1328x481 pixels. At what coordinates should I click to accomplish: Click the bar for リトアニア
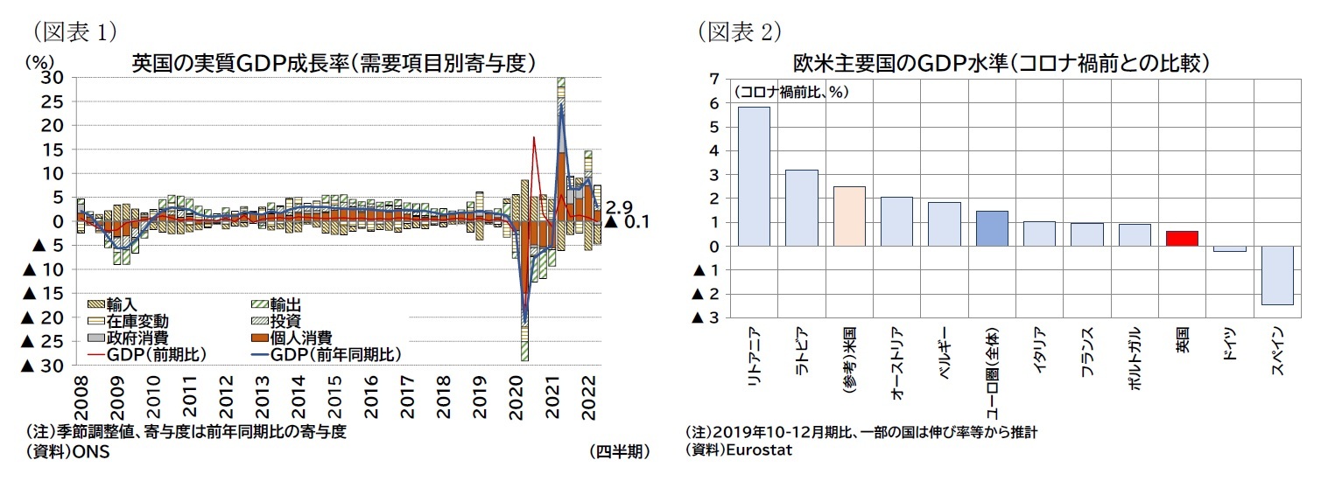click(754, 176)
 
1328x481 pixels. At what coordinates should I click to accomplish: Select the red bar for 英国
click(1182, 238)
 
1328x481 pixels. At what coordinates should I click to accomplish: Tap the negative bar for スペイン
click(1276, 275)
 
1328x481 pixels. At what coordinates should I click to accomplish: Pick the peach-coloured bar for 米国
click(848, 216)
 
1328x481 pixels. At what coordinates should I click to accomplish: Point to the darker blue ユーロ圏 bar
click(991, 228)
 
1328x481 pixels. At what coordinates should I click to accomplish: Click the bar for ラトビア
click(801, 207)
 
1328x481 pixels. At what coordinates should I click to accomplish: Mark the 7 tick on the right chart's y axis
click(714, 80)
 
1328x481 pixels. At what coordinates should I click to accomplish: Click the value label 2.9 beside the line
click(618, 207)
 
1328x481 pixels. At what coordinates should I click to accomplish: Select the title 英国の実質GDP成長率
click(333, 62)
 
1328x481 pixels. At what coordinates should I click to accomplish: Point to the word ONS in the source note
click(89, 451)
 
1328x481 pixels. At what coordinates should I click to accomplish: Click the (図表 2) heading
click(739, 31)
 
